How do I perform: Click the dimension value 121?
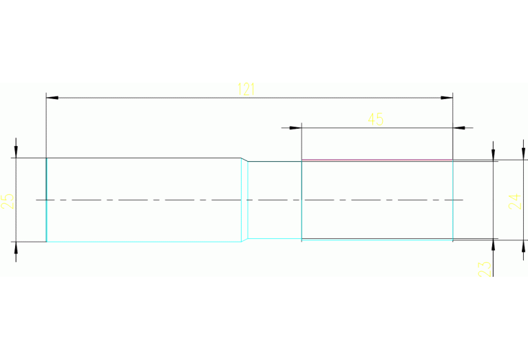[x=246, y=89]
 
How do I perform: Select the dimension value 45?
[x=375, y=119]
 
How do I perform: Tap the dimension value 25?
[x=8, y=201]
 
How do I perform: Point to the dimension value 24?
[x=514, y=201]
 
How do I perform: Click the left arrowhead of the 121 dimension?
[x=51, y=98]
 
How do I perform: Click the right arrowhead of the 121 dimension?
[x=447, y=98]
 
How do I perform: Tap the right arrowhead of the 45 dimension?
[x=458, y=127]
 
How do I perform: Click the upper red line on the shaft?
[x=377, y=160]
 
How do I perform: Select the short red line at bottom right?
[x=474, y=240]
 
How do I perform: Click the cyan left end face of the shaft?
[x=46, y=200]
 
